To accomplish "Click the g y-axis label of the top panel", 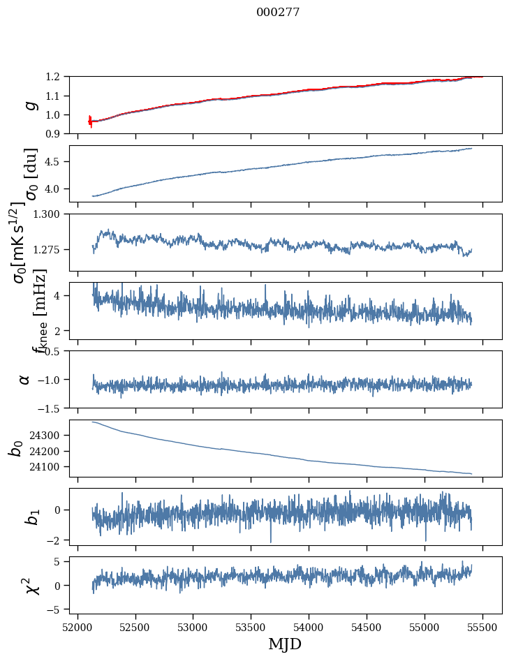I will coord(30,105).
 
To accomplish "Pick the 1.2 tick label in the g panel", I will coord(57,77).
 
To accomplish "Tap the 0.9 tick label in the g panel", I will coord(57,133).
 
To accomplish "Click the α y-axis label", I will coord(24,379).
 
